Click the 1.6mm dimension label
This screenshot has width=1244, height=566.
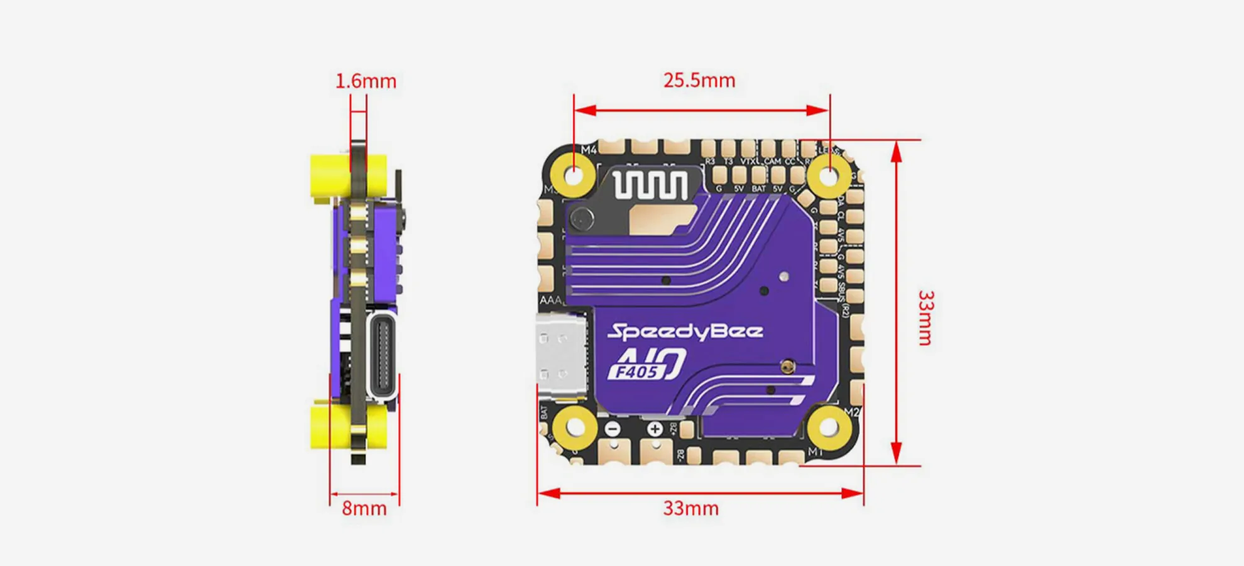coord(366,81)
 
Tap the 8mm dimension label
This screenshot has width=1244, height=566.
coord(364,508)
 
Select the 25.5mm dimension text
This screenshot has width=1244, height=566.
coord(699,80)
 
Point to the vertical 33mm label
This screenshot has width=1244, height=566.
coord(925,318)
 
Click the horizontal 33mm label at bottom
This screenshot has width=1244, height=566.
coord(690,508)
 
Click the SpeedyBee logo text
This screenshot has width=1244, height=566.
coord(685,331)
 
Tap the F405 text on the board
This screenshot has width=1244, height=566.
coord(636,372)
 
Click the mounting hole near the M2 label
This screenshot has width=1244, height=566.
coord(828,426)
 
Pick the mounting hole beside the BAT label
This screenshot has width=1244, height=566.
coord(574,426)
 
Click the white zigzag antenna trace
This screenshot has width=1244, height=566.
coord(650,186)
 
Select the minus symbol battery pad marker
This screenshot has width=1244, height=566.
coord(613,430)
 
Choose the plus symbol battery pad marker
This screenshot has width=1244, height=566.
coord(655,429)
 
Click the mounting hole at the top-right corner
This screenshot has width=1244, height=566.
coord(829,175)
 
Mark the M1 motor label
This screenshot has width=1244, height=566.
coord(815,452)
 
